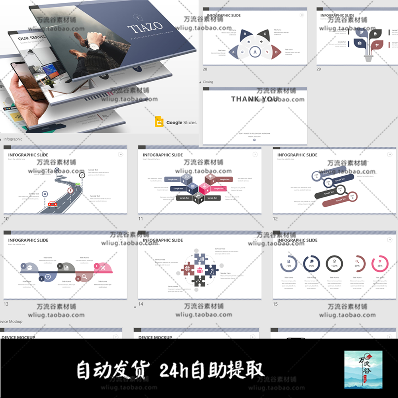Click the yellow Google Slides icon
(159, 122)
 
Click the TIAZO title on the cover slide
(145, 27)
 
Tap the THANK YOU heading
(255, 99)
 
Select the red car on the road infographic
(52, 204)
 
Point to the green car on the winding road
(78, 184)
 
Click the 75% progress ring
(289, 264)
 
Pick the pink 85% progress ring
(380, 264)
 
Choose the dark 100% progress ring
(334, 264)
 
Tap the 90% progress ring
(311, 264)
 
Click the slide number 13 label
(6, 304)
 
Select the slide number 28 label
(205, 69)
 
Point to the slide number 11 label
(140, 219)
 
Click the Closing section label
(208, 82)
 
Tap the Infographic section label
(13, 139)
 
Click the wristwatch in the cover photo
(94, 46)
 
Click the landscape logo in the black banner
(363, 369)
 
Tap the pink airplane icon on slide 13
(103, 267)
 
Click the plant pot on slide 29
(369, 58)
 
